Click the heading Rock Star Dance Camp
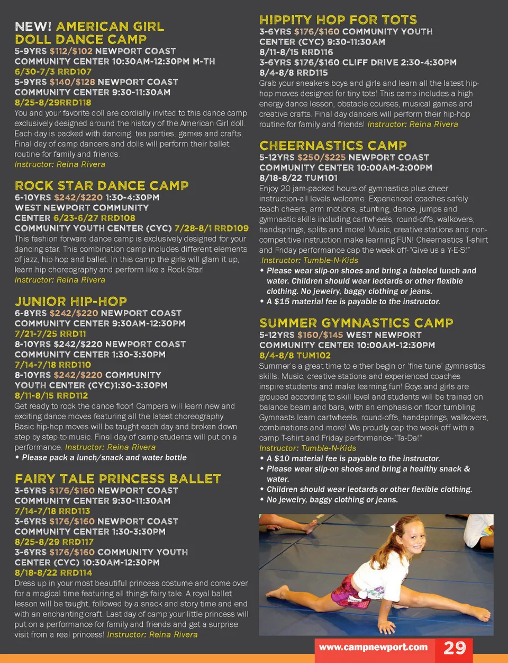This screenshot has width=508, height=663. tap(102, 186)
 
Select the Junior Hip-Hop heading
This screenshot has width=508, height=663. tap(71, 302)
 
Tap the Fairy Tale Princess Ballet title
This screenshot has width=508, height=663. tap(117, 479)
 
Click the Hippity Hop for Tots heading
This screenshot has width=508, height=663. tap(338, 20)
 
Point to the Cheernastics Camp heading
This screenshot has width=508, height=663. tap(333, 146)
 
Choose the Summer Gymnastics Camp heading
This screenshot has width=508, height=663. tap(356, 323)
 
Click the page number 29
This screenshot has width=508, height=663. tap(454, 648)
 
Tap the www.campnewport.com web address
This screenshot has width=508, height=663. tap(373, 647)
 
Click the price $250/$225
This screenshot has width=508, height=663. tap(321, 157)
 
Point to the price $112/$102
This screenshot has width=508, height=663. tap(71, 51)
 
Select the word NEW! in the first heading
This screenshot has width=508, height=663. tap(33, 26)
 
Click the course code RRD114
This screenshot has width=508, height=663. tap(76, 573)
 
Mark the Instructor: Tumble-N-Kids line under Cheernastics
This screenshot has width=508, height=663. tap(310, 260)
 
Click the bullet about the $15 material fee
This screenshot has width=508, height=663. tap(353, 302)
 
